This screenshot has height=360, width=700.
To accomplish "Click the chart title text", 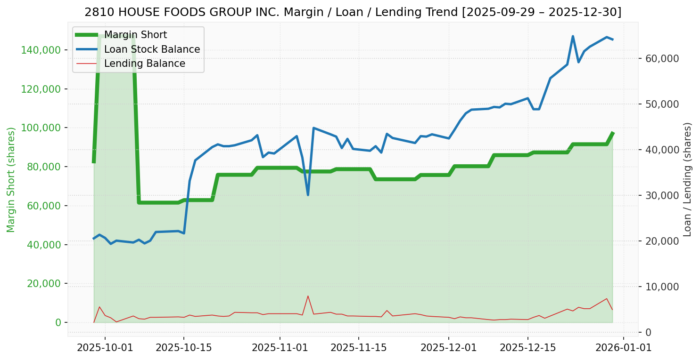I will (353, 12).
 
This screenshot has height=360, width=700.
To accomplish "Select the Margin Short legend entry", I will (135, 35).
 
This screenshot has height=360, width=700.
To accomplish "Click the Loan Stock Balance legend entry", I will (152, 49).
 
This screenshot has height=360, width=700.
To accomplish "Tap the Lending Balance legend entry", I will (144, 64).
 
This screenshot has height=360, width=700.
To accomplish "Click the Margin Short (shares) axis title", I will (11, 180).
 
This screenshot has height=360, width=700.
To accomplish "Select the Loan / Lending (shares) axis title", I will (687, 180).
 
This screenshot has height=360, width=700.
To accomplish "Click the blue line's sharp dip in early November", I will (308, 194).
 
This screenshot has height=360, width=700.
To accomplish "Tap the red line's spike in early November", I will (308, 296).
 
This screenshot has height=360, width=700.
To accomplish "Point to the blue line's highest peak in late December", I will (573, 36).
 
